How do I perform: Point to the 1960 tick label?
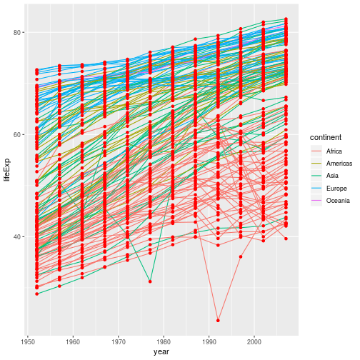pos(74,341)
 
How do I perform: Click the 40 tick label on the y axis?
pos(17,236)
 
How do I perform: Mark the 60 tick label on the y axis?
pos(17,134)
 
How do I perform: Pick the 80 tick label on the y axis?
pos(17,32)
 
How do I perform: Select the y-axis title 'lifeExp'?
pos(6,169)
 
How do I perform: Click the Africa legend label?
pos(334,151)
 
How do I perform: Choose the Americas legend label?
pos(338,164)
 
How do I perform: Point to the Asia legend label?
pos(332,176)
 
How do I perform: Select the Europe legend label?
pos(336,189)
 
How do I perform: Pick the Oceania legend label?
pos(338,201)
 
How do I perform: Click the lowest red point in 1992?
pos(218,320)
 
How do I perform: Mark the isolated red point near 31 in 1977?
pos(150,281)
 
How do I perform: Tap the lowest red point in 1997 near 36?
pos(241,256)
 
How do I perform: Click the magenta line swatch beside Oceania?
pos(315,201)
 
